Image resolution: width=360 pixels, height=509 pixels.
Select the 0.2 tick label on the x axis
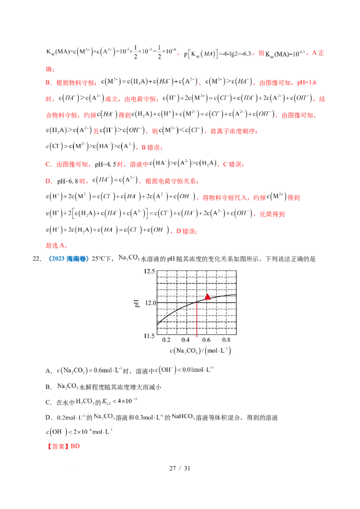point(166,340)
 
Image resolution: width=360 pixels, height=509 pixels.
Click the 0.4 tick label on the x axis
point(186,340)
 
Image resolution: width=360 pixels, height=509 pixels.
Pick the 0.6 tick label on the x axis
point(207,340)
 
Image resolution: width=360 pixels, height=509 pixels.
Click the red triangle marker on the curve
point(207,297)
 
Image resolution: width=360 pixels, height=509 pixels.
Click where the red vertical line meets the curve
point(197,300)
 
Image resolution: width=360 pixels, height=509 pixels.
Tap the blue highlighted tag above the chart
point(68,259)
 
